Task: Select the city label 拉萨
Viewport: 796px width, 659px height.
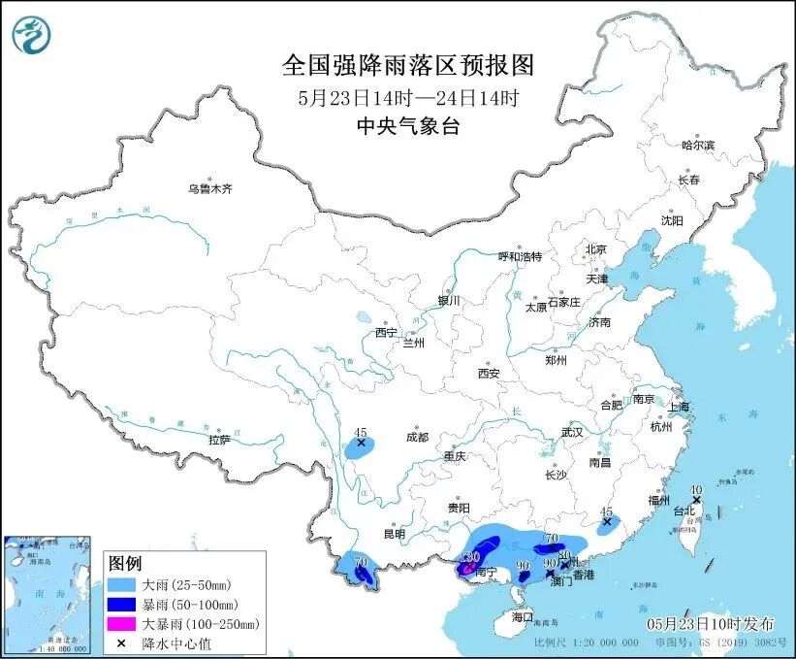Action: [219, 440]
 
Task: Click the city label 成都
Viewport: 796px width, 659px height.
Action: [417, 437]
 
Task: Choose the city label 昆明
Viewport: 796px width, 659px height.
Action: [394, 534]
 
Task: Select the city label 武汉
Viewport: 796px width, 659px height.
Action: [572, 432]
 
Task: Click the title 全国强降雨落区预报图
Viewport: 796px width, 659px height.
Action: [408, 65]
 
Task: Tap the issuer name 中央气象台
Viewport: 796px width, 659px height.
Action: [408, 125]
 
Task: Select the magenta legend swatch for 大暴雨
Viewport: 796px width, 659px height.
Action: [124, 624]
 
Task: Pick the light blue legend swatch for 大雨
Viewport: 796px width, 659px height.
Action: [124, 586]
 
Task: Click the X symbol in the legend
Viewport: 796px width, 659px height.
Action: [124, 643]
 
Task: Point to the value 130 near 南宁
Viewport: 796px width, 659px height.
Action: [470, 556]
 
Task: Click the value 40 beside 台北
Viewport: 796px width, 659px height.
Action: [695, 490]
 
